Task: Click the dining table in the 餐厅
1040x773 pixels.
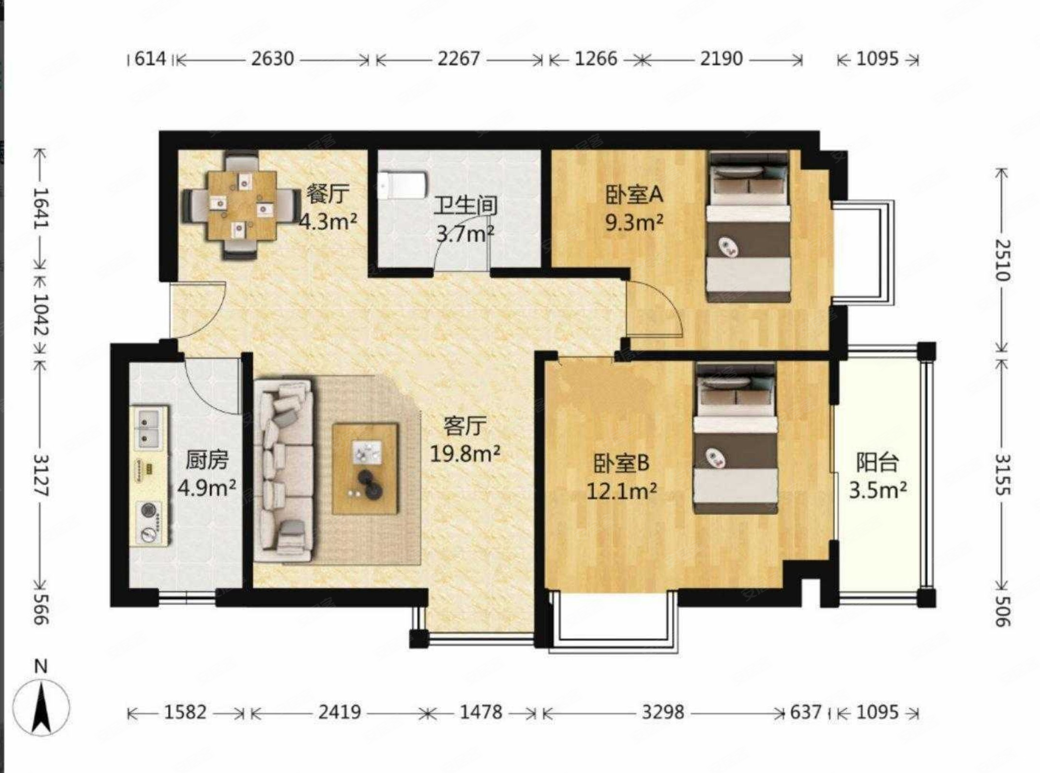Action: point(242,205)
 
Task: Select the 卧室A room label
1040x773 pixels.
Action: point(634,195)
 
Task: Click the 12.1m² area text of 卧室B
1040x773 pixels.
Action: point(621,491)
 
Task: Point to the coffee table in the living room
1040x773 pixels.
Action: point(365,468)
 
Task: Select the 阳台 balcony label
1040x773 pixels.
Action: point(877,462)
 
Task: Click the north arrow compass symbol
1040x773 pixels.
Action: point(41,708)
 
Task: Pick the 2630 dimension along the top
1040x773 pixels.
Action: point(272,59)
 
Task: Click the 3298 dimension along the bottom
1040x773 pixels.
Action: point(663,712)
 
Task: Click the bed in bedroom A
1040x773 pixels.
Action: point(748,227)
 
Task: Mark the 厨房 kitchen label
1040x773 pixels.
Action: point(207,461)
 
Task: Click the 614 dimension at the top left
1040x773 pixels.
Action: point(150,59)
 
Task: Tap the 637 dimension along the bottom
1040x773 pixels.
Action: point(805,712)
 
